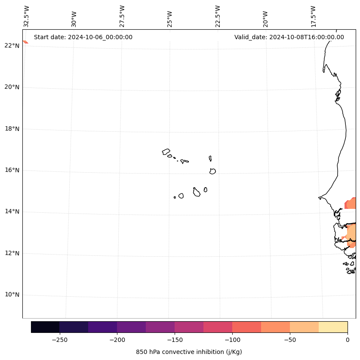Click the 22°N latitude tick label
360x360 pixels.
11,46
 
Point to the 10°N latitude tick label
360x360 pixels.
11,295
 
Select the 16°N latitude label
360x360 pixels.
11,170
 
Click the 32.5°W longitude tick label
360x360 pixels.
27,16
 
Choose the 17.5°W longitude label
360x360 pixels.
313,16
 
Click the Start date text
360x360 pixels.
83,37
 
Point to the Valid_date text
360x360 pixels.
289,37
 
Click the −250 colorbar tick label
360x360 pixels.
59,340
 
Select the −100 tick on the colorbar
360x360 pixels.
232,340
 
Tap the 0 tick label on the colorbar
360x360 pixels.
348,340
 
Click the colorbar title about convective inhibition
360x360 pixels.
189,352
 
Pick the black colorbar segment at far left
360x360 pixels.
45,327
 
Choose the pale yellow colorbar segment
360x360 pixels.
333,327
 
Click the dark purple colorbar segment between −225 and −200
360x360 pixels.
102,327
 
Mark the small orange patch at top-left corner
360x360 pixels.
25,42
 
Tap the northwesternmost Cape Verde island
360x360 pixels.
166,152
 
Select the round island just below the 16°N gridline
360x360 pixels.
212,171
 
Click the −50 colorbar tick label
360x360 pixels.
289,340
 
